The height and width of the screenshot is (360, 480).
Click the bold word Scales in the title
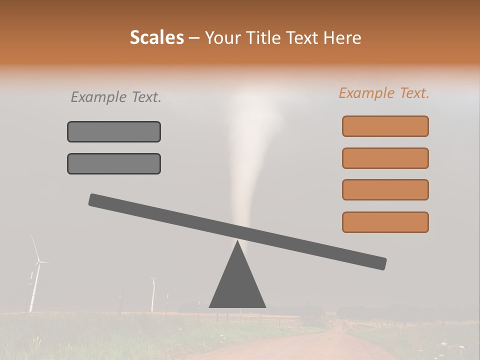coord(156,38)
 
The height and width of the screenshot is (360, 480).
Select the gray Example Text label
coord(116,97)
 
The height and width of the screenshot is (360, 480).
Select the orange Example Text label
coord(384,93)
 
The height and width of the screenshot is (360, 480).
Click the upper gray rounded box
coord(114,131)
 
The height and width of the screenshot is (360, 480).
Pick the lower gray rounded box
coord(114,163)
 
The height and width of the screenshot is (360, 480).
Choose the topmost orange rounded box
coord(385,126)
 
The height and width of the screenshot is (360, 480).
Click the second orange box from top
coord(385,158)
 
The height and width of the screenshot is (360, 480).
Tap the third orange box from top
coord(385,189)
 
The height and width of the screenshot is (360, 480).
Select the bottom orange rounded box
coord(385,222)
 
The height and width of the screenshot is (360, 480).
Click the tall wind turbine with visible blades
coord(35,272)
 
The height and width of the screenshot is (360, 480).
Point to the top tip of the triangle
coord(237,242)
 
